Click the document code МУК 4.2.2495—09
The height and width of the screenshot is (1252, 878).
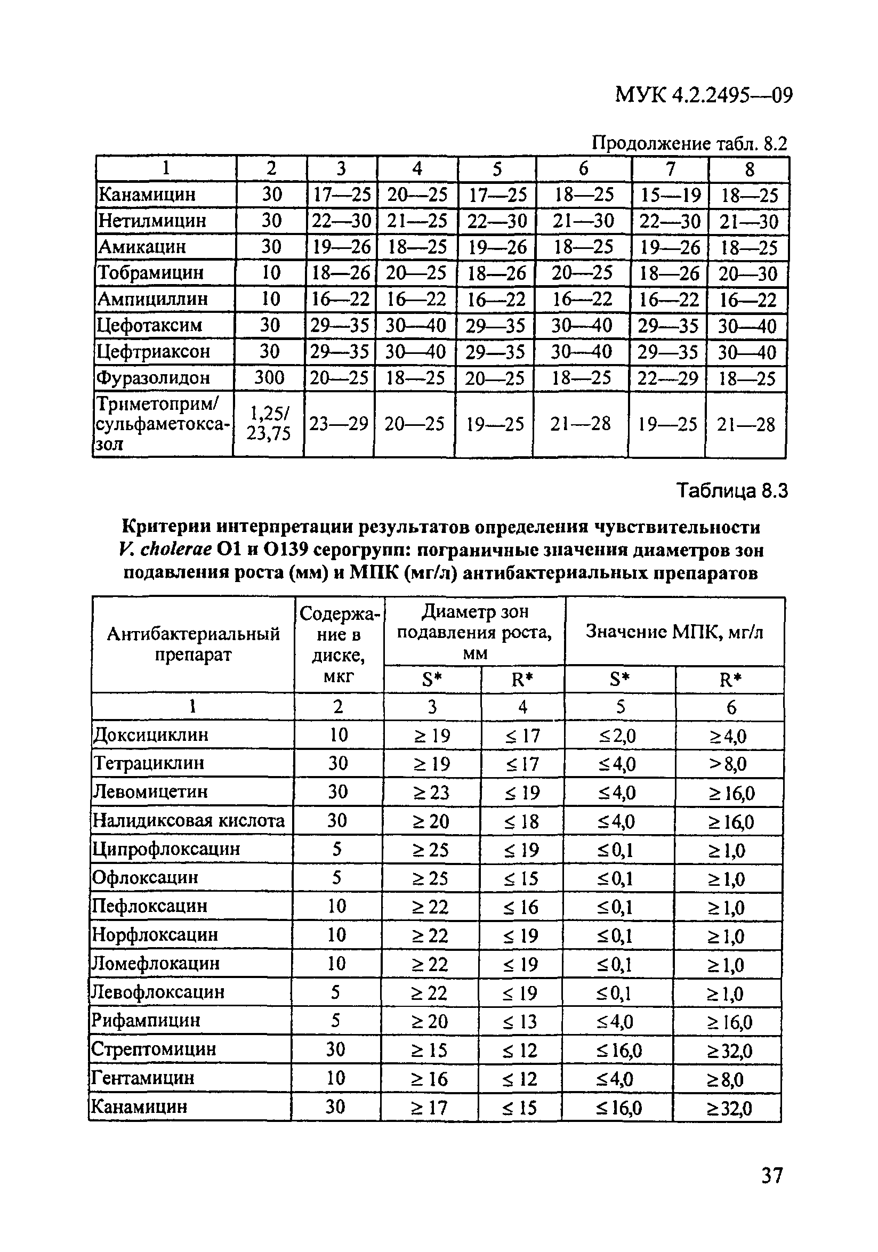704,95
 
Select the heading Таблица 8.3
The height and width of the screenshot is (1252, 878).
732,491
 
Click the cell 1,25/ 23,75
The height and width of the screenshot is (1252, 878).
268,424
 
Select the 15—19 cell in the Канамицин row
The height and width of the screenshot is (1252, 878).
670,195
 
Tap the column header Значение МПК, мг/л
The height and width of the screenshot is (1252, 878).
674,632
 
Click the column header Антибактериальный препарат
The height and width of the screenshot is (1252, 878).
193,644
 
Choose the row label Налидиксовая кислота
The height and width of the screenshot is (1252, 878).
189,820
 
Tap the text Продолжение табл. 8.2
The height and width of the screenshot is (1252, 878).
689,143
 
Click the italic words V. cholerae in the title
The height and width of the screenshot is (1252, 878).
164,550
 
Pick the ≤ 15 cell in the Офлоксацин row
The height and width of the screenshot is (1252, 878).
521,878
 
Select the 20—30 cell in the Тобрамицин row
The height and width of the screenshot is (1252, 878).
748,273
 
